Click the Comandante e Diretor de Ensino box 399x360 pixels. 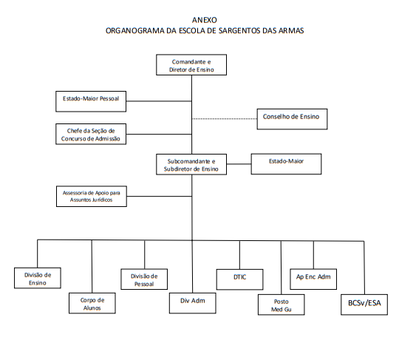pyautogui.click(x=191, y=64)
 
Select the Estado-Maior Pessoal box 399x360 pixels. pyautogui.click(x=91, y=101)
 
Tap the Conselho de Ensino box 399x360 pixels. pyautogui.click(x=292, y=119)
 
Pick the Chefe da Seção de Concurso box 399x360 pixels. pyautogui.click(x=91, y=135)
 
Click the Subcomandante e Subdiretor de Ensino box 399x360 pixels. pyautogui.click(x=191, y=164)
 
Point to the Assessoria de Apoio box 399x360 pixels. pyautogui.click(x=92, y=197)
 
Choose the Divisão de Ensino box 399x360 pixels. pyautogui.click(x=38, y=278)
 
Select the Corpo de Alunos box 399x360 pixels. pyautogui.click(x=92, y=303)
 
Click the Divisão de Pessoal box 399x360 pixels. pyautogui.click(x=144, y=279)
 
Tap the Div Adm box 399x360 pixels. pyautogui.click(x=193, y=303)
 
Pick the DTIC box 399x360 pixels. pyautogui.click(x=239, y=279)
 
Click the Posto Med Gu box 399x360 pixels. pyautogui.click(x=282, y=305)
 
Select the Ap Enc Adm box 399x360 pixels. pyautogui.click(x=313, y=279)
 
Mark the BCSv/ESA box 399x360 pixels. pyautogui.click(x=364, y=305)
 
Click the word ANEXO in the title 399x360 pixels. pyautogui.click(x=205, y=20)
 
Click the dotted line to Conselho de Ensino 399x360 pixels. pyautogui.click(x=225, y=118)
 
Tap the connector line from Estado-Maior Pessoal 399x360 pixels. pyautogui.click(x=159, y=101)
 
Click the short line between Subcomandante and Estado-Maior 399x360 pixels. pyautogui.click(x=239, y=164)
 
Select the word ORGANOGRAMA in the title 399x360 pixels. pyautogui.click(x=135, y=30)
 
